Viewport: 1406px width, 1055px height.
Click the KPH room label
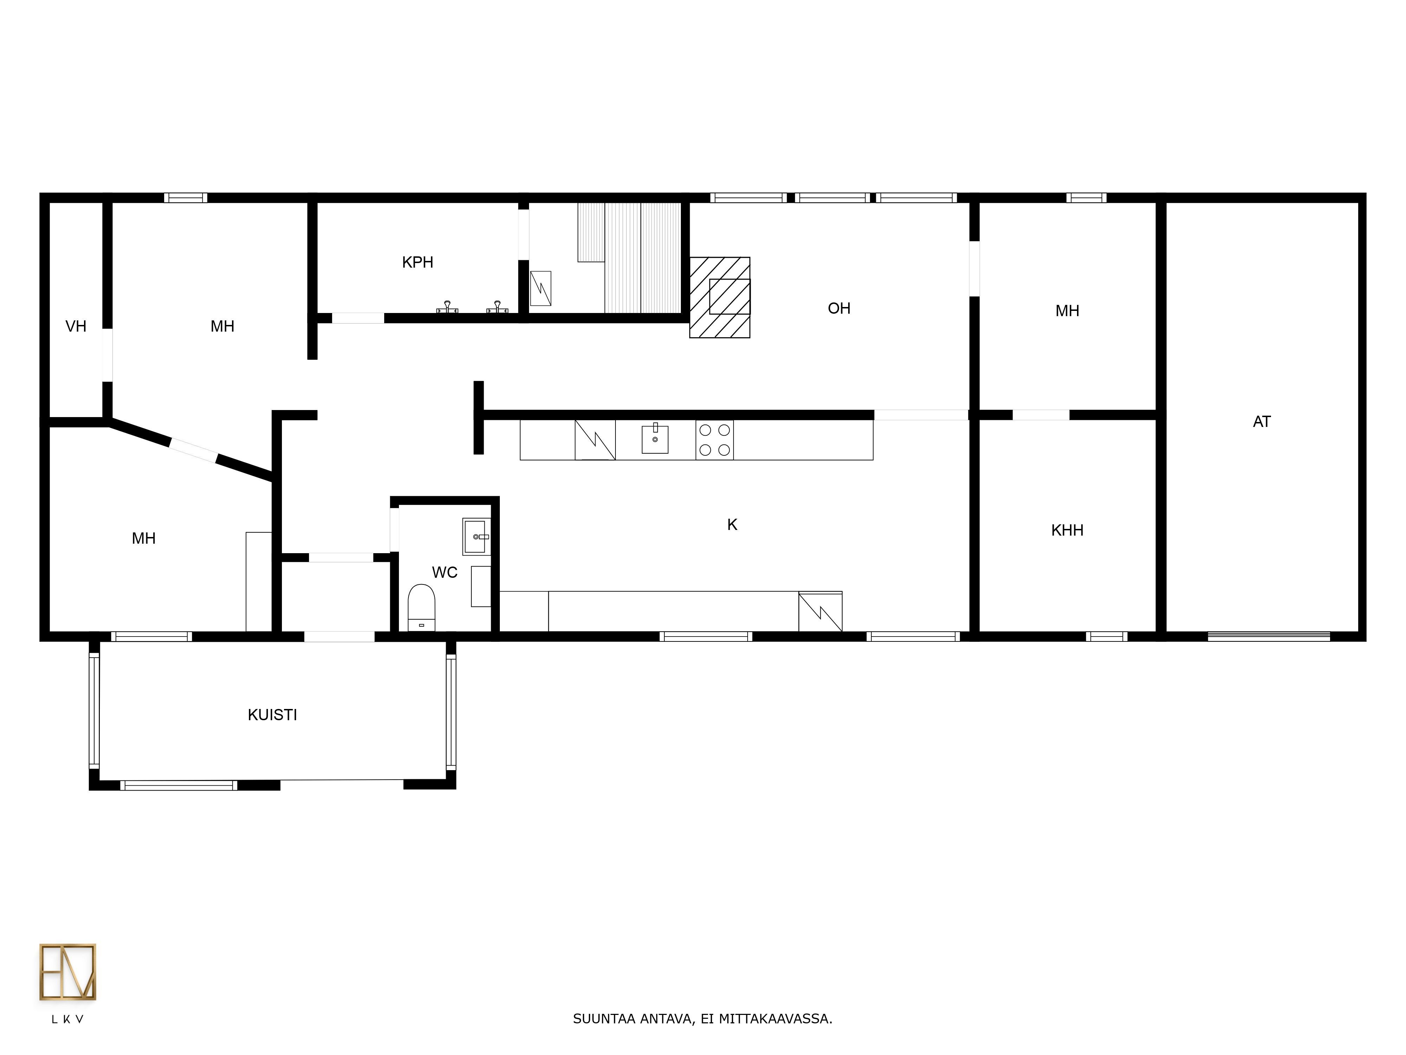click(x=418, y=262)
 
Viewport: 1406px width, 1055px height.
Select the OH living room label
click(x=839, y=308)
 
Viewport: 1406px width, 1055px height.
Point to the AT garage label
click(x=1262, y=422)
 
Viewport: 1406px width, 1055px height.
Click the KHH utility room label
click(x=1067, y=530)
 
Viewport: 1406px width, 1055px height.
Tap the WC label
click(x=445, y=572)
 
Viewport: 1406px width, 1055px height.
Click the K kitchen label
click(x=732, y=525)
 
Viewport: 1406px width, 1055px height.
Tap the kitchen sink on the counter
click(x=655, y=439)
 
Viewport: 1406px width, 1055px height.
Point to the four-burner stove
click(x=715, y=440)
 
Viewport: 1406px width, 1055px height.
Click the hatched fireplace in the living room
click(x=720, y=297)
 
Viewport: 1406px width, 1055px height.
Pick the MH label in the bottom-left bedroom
click(x=144, y=539)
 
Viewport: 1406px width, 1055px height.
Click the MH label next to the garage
click(x=1067, y=311)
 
